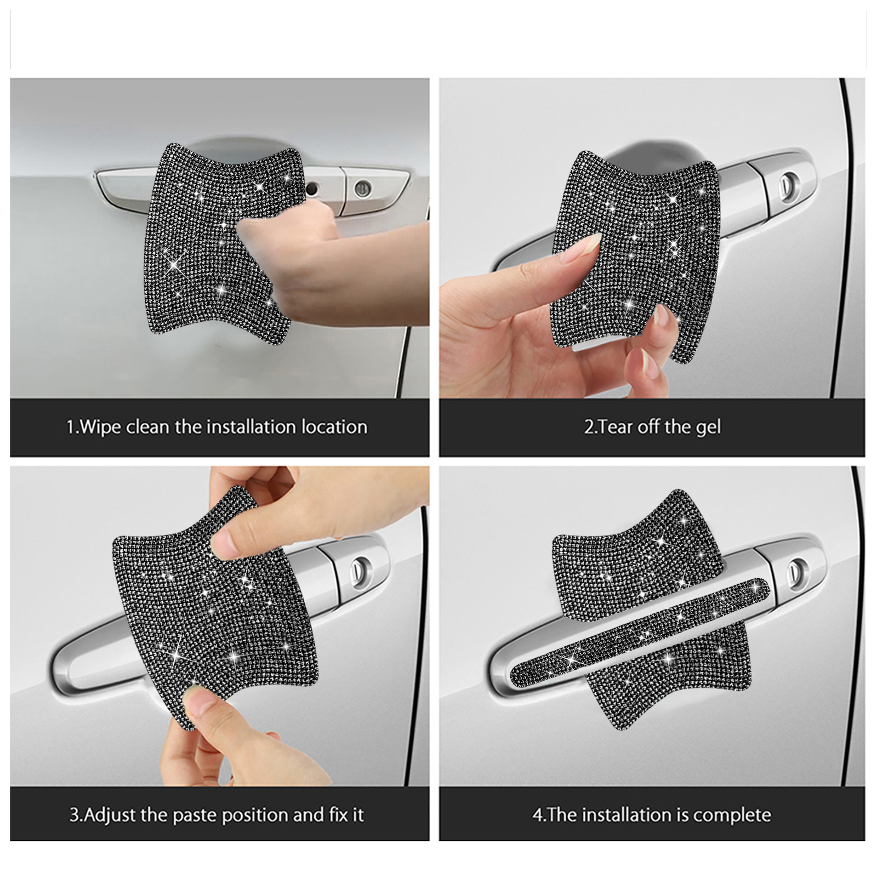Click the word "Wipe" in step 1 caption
point(100,427)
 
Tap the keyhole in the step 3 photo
point(360,567)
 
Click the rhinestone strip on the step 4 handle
point(639,631)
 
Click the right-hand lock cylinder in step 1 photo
point(362,189)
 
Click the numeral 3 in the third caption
point(74,816)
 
